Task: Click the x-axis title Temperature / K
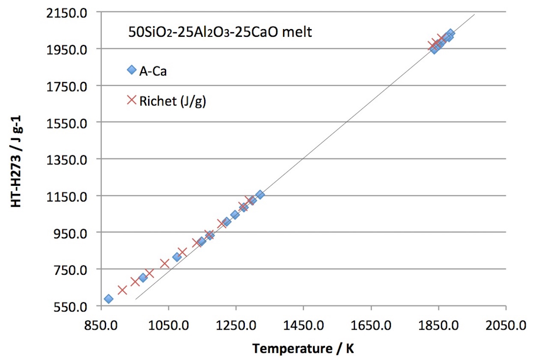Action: click(303, 348)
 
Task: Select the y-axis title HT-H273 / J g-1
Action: click(16, 159)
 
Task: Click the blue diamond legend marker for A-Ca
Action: click(131, 70)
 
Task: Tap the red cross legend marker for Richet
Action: click(131, 101)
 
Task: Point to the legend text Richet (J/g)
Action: click(173, 101)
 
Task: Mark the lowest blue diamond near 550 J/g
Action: click(108, 299)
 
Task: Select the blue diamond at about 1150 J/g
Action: click(260, 195)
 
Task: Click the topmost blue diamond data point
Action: click(450, 33)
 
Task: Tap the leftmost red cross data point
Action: click(122, 290)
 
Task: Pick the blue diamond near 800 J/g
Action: click(177, 257)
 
